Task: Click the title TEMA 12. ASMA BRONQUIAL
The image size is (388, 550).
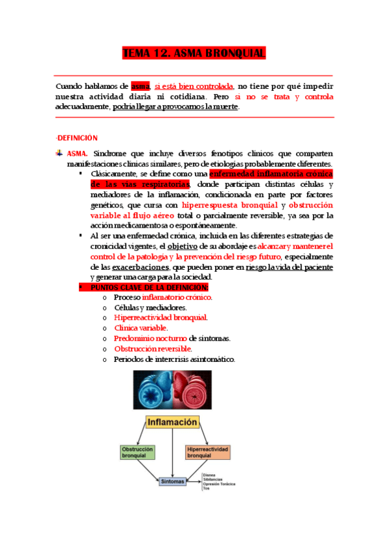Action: [x=194, y=54]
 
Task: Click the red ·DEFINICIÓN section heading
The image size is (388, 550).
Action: [x=77, y=138]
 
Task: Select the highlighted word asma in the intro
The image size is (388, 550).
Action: [x=140, y=86]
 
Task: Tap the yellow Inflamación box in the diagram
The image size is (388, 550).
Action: [x=172, y=422]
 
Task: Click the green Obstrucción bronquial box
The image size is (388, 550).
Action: [x=137, y=452]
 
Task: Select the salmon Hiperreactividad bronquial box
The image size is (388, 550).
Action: [x=207, y=452]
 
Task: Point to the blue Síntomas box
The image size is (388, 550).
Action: [x=172, y=481]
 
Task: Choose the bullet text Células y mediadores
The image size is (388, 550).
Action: [x=150, y=307]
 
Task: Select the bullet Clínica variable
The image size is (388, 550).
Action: [x=141, y=328]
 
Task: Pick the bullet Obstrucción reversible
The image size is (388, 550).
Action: [x=152, y=349]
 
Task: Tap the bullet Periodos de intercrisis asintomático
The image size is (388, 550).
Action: [x=174, y=359]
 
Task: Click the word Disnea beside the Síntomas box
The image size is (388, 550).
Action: [x=208, y=475]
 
